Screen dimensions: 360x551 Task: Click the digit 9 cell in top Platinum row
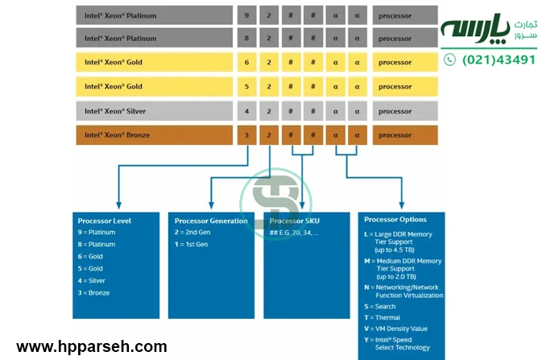[247, 15]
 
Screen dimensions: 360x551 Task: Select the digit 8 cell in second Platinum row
[247, 38]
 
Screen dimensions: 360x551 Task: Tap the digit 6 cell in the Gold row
[247, 63]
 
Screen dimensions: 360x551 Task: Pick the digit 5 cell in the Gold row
[247, 86]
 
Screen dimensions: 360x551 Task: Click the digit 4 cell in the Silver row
[247, 111]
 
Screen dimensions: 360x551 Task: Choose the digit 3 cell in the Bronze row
[247, 135]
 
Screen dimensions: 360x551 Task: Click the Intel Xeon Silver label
[115, 111]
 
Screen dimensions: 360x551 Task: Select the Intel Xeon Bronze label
[117, 135]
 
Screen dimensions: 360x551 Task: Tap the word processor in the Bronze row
[395, 135]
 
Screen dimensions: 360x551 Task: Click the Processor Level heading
[104, 221]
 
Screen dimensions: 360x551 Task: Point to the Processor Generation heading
[211, 221]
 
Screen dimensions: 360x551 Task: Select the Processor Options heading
[396, 219]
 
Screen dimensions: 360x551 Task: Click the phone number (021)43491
[498, 60]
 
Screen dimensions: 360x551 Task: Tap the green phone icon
[449, 60]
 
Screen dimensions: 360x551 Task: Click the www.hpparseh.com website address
[92, 347]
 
